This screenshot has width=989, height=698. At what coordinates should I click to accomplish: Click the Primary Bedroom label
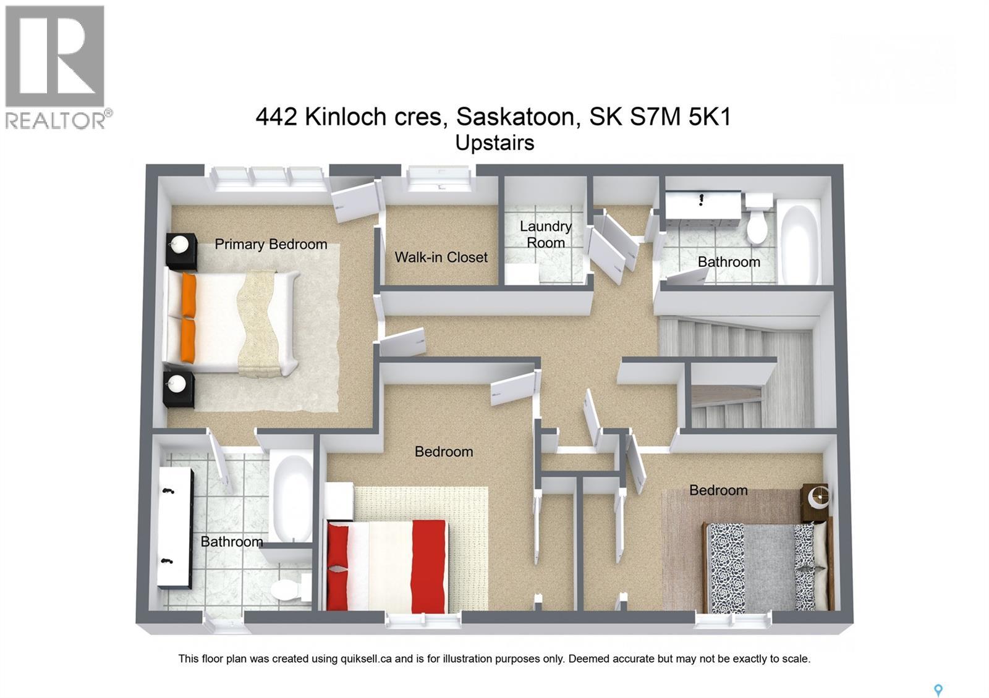[x=271, y=245]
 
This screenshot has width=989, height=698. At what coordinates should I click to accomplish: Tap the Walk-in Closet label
[x=441, y=258]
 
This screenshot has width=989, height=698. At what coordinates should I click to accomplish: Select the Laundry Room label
[x=545, y=235]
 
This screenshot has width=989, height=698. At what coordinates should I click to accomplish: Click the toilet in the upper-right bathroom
[x=757, y=222]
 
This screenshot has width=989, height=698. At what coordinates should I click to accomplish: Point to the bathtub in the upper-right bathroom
[x=800, y=244]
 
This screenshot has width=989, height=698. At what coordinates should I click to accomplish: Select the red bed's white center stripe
[x=389, y=565]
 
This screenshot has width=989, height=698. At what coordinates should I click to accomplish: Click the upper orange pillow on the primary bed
[x=189, y=295]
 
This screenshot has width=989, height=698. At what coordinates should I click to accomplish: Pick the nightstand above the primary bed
[x=181, y=251]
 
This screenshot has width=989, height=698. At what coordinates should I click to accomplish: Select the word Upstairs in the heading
[x=494, y=143]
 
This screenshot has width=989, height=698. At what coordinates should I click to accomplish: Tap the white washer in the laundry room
[x=522, y=274]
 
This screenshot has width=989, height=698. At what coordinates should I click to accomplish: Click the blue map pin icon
[x=938, y=690]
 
